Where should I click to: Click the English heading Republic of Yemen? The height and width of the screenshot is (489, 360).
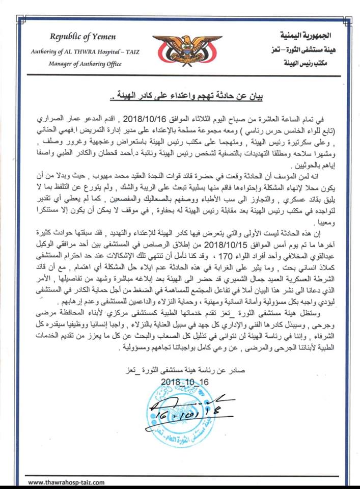click(x=82, y=37)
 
